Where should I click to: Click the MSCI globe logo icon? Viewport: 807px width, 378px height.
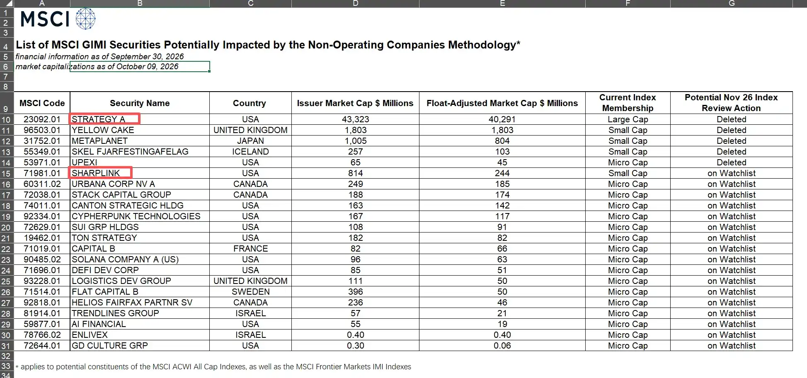point(86,19)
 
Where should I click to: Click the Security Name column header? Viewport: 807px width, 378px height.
point(140,103)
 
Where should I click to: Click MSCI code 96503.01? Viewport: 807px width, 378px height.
point(42,130)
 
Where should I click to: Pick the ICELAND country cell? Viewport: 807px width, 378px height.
point(250,152)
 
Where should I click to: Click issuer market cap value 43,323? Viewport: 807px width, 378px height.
point(355,119)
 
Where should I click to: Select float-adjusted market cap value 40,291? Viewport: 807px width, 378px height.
point(502,119)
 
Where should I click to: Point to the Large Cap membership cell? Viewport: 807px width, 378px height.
point(628,119)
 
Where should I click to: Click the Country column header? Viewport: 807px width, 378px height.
point(250,103)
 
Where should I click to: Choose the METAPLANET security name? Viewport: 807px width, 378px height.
point(99,141)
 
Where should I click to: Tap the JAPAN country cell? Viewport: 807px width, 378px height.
point(250,141)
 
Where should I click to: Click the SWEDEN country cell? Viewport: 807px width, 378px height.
point(250,292)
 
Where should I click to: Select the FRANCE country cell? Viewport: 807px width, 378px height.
point(250,249)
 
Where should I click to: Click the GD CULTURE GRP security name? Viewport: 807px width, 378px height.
point(109,346)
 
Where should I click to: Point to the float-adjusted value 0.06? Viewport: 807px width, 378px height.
point(502,346)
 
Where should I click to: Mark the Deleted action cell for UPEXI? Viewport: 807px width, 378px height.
point(731,162)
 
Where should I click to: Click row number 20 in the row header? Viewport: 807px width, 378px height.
point(6,227)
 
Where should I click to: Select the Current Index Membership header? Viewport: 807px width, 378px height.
point(628,103)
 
